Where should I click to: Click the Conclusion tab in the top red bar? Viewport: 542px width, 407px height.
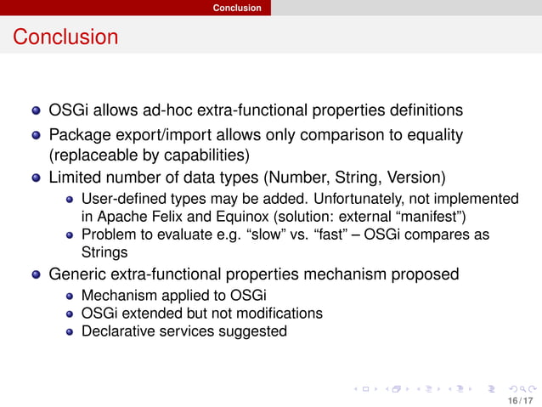pos(237,8)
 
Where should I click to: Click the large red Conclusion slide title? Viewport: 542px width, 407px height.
pos(65,37)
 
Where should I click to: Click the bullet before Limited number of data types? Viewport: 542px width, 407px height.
pos(36,179)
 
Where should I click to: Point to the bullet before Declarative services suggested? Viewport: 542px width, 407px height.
pos(71,331)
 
